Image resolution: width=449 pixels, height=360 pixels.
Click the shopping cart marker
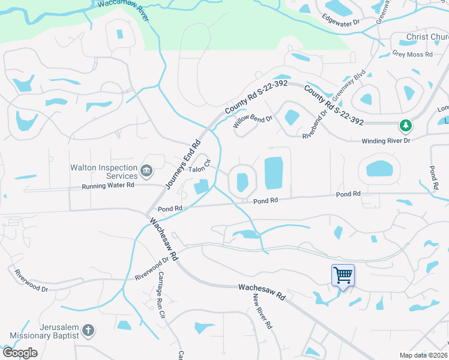click(343, 275)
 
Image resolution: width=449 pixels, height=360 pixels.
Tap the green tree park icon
click(406, 125)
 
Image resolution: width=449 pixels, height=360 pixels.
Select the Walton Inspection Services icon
click(146, 172)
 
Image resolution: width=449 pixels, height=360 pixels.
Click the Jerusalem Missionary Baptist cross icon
click(88, 330)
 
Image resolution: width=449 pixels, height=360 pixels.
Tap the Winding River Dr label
click(385, 141)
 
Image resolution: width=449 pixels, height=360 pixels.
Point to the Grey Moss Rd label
click(412, 54)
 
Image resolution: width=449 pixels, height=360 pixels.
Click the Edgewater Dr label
click(340, 20)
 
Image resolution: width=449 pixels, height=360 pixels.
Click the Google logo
click(20, 353)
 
